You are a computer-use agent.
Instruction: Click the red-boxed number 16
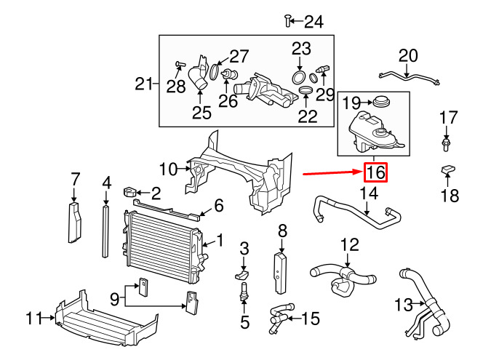point(375,173)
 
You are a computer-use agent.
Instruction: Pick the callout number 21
point(145,84)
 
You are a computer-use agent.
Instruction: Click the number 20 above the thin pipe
point(409,56)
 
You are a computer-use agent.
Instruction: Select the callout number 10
point(169,169)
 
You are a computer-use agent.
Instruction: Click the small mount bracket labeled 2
point(132,193)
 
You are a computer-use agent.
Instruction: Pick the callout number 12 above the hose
point(350,245)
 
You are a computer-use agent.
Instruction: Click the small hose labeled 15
point(279,318)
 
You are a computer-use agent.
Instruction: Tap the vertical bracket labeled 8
point(282,265)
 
